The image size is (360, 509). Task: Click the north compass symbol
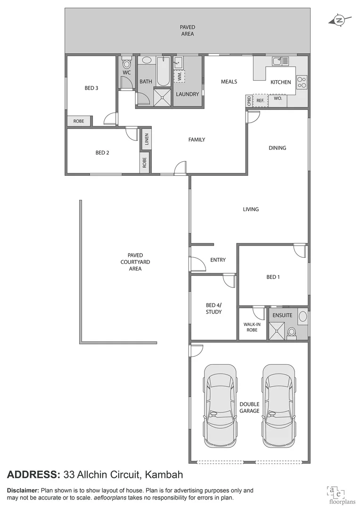click(338, 20)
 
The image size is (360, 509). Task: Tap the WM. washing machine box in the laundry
click(180, 76)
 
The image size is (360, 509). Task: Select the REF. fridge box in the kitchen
click(260, 100)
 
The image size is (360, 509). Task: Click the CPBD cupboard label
click(248, 100)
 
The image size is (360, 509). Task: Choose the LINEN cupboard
click(146, 139)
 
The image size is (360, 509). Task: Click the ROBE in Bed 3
click(79, 121)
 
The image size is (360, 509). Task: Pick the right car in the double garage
click(279, 406)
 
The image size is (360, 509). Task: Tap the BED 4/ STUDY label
click(213, 308)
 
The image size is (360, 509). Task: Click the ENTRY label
click(218, 260)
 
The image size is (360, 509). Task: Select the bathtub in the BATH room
click(163, 71)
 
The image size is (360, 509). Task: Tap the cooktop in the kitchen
click(302, 83)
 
